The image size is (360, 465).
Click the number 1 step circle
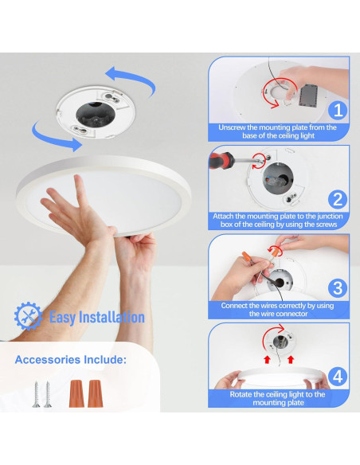pyautogui.click(x=338, y=109)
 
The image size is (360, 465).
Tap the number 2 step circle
pyautogui.click(x=338, y=198)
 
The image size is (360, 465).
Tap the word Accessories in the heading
pyautogui.click(x=50, y=360)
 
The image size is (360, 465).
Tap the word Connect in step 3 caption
pyautogui.click(x=235, y=306)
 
